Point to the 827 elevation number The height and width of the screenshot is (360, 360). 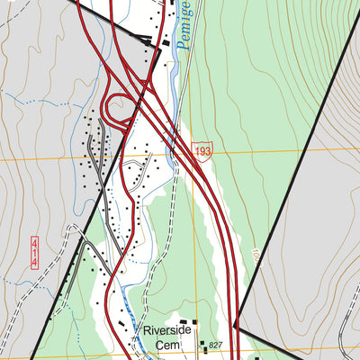[215, 346]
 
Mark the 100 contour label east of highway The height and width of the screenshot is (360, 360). [255, 256]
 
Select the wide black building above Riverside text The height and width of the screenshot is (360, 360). [187, 321]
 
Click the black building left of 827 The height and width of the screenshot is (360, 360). [202, 343]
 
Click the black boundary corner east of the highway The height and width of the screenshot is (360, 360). [235, 325]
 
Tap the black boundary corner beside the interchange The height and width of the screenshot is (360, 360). [159, 47]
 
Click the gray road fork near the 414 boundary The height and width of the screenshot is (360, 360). [83, 240]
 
